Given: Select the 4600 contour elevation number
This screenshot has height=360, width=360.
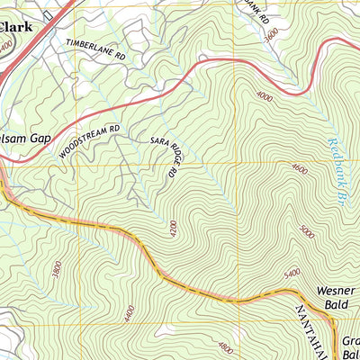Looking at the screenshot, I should pyautogui.click(x=299, y=170).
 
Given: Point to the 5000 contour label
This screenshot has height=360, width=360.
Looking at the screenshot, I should pyautogui.click(x=308, y=232).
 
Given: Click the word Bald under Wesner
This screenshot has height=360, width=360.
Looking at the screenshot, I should pyautogui.click(x=337, y=306).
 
